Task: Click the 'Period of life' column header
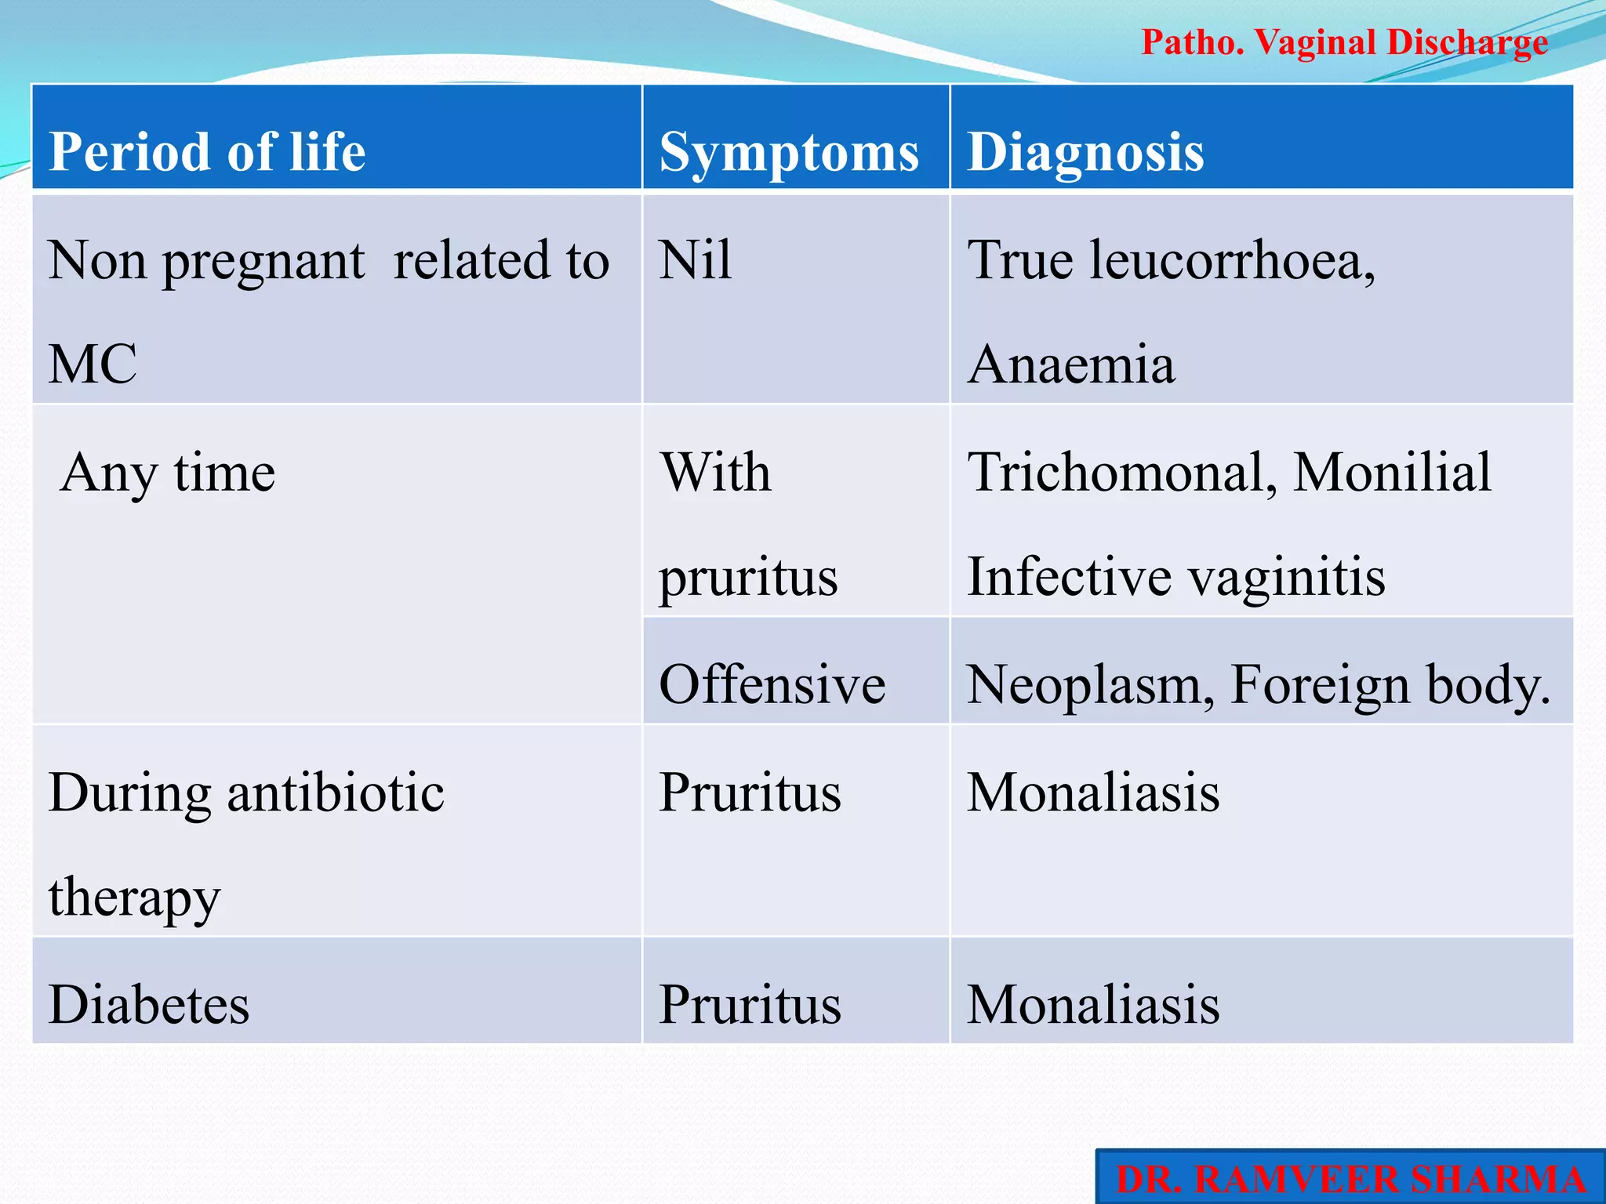pyautogui.click(x=207, y=150)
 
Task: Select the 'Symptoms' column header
pyautogui.click(x=789, y=152)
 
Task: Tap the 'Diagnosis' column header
pyautogui.click(x=1085, y=150)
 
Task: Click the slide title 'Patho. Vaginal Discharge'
pyautogui.click(x=1344, y=42)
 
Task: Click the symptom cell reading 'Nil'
pyautogui.click(x=696, y=260)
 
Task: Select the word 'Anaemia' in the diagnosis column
pyautogui.click(x=1071, y=364)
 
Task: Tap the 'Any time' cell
pyautogui.click(x=168, y=473)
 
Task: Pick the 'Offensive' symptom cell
pyautogui.click(x=772, y=684)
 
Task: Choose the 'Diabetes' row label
pyautogui.click(x=149, y=1004)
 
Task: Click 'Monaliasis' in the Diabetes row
pyautogui.click(x=1093, y=1004)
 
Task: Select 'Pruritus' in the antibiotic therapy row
pyautogui.click(x=750, y=792)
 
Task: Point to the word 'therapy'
pyautogui.click(x=134, y=898)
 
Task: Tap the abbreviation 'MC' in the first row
pyautogui.click(x=93, y=364)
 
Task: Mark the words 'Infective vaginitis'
pyautogui.click(x=1176, y=577)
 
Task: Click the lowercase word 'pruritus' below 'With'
pyautogui.click(x=748, y=578)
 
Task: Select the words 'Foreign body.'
pyautogui.click(x=1390, y=684)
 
